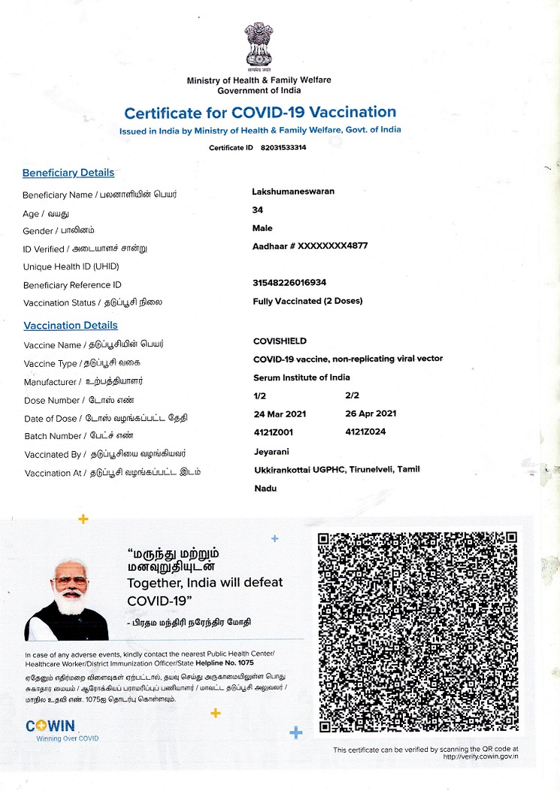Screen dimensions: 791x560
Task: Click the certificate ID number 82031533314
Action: coord(283,148)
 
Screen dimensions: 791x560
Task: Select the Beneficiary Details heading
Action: coord(68,173)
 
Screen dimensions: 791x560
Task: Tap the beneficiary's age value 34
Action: coord(258,210)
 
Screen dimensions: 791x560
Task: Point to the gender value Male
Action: coord(263,228)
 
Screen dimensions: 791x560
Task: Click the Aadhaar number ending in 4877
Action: coord(310,246)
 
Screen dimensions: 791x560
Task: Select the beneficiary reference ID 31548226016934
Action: coord(290,283)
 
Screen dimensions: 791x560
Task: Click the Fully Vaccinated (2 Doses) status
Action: coord(308,301)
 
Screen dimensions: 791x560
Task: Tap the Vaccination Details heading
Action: coord(71,326)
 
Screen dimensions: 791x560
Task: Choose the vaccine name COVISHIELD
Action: coord(280,341)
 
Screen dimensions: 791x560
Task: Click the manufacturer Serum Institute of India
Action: coord(301,377)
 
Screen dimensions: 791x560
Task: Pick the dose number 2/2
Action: coord(353,395)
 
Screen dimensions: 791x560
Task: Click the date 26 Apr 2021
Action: coord(371,414)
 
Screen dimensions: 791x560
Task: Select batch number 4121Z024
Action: coord(366,432)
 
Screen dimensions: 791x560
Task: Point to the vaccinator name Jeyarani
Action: coord(272,452)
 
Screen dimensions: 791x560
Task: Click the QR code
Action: coord(417,632)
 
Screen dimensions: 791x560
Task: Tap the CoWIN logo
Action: coord(50,726)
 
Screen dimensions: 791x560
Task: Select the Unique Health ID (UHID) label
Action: coord(71,267)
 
